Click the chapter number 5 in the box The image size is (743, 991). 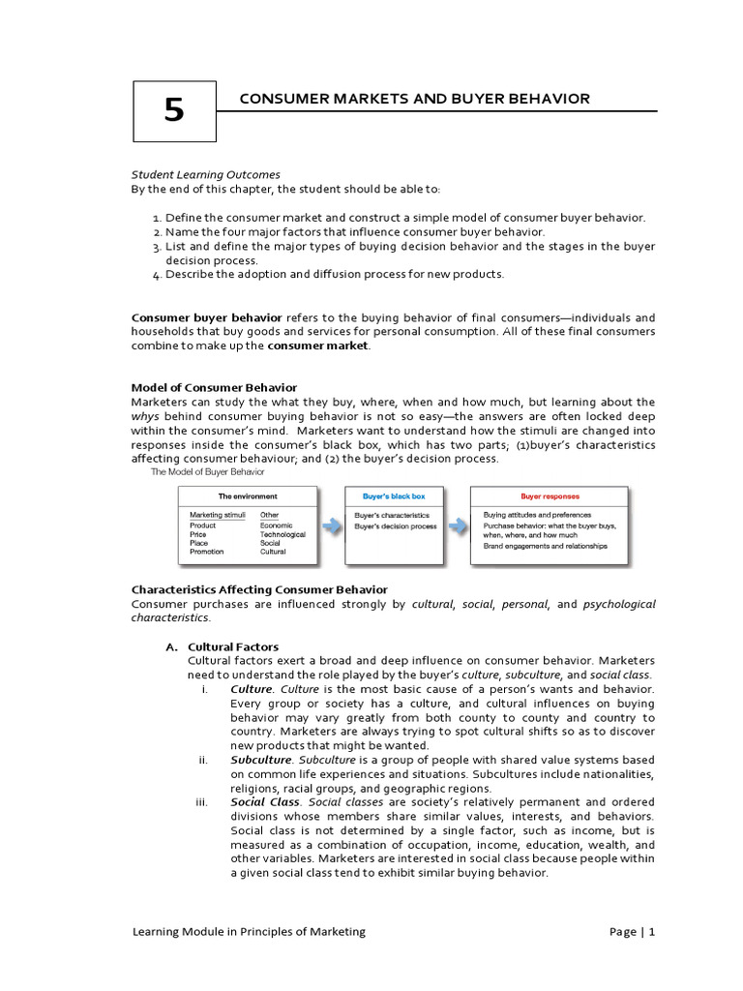point(173,111)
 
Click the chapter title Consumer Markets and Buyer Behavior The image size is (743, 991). point(414,99)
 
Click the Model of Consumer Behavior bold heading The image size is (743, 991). point(214,387)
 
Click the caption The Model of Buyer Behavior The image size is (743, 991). point(207,472)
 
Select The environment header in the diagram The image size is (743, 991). point(248,495)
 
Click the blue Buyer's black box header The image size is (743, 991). point(394,495)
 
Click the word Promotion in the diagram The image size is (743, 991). point(206,552)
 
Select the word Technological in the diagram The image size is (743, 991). point(282,534)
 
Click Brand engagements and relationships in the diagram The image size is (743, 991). point(546,546)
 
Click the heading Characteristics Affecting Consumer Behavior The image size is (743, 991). point(259,589)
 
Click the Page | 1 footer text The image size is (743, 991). point(633,932)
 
